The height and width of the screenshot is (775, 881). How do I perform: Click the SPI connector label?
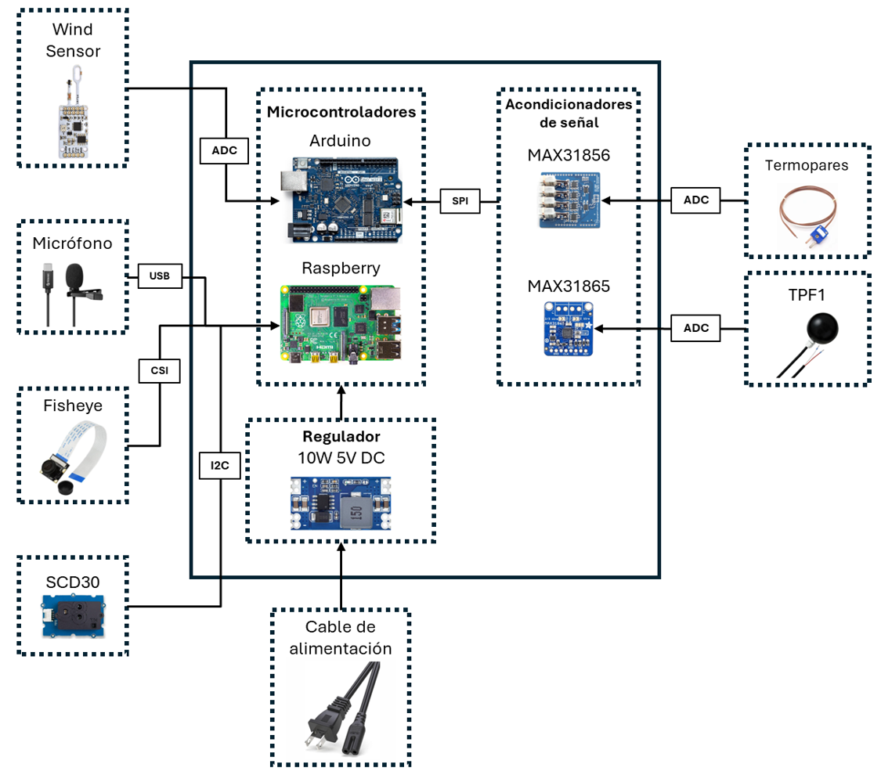point(459,200)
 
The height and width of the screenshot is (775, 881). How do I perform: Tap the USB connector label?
point(160,276)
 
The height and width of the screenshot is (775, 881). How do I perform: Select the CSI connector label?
point(160,370)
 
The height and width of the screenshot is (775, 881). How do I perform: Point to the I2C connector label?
point(221,465)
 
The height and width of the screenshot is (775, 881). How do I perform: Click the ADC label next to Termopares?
point(696,200)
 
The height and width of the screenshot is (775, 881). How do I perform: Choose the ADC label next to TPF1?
point(696,329)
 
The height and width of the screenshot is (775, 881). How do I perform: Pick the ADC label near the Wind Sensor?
point(226,150)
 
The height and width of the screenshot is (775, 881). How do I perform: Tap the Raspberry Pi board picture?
point(341,323)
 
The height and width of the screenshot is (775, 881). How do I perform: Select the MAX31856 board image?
point(569,200)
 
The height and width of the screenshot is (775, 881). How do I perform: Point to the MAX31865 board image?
point(569,330)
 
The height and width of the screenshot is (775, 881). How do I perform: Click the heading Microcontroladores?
point(341,112)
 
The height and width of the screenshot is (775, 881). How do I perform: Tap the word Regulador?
point(341,436)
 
